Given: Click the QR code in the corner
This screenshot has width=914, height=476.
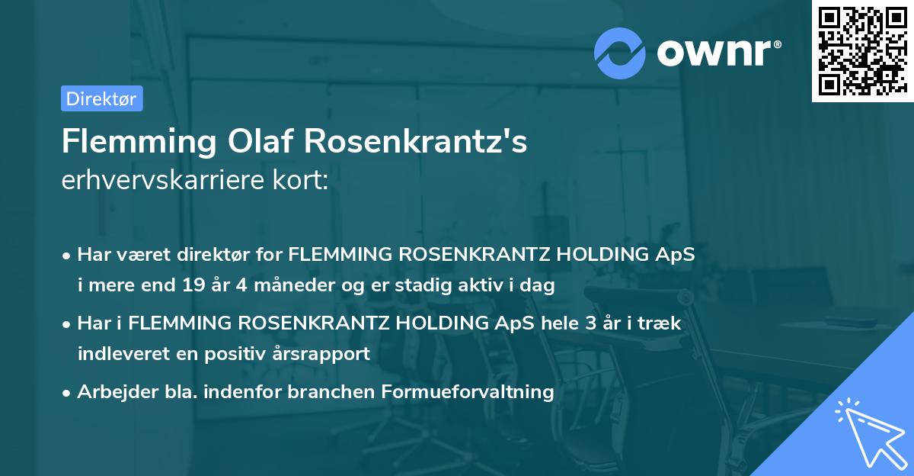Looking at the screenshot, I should [861, 51].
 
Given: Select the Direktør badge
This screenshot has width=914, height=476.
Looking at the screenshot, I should [101, 98].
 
